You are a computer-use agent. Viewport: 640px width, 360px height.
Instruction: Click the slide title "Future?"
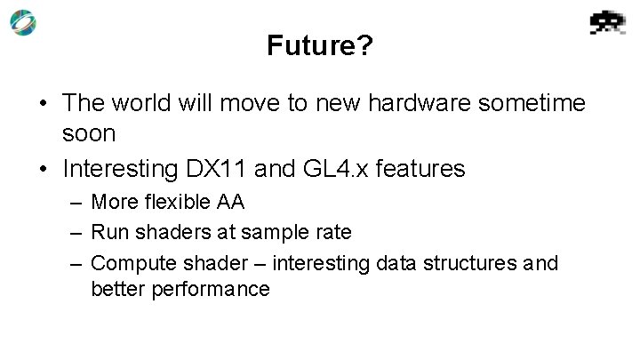[320, 46]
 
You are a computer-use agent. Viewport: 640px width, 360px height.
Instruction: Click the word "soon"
[89, 132]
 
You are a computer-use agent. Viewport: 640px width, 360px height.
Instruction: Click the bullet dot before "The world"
[43, 104]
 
